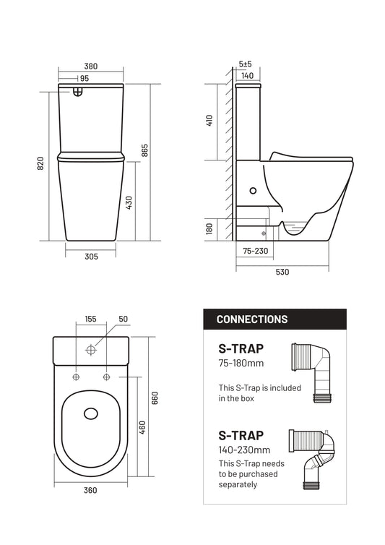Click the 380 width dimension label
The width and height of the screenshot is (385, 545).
pyautogui.click(x=91, y=66)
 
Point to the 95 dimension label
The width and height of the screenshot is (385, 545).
pyautogui.click(x=85, y=79)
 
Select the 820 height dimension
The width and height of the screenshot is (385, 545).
pyautogui.click(x=40, y=163)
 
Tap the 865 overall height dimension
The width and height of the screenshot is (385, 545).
pyautogui.click(x=144, y=150)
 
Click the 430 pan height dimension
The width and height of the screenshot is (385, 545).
pyautogui.click(x=129, y=202)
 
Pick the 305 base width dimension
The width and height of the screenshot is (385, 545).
pyautogui.click(x=92, y=257)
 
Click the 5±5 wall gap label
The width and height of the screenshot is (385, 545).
pyautogui.click(x=246, y=64)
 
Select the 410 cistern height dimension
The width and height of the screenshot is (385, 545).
pyautogui.click(x=209, y=120)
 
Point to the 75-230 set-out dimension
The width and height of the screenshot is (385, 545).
pyautogui.click(x=256, y=251)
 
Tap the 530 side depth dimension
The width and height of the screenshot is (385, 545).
pyautogui.click(x=282, y=272)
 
